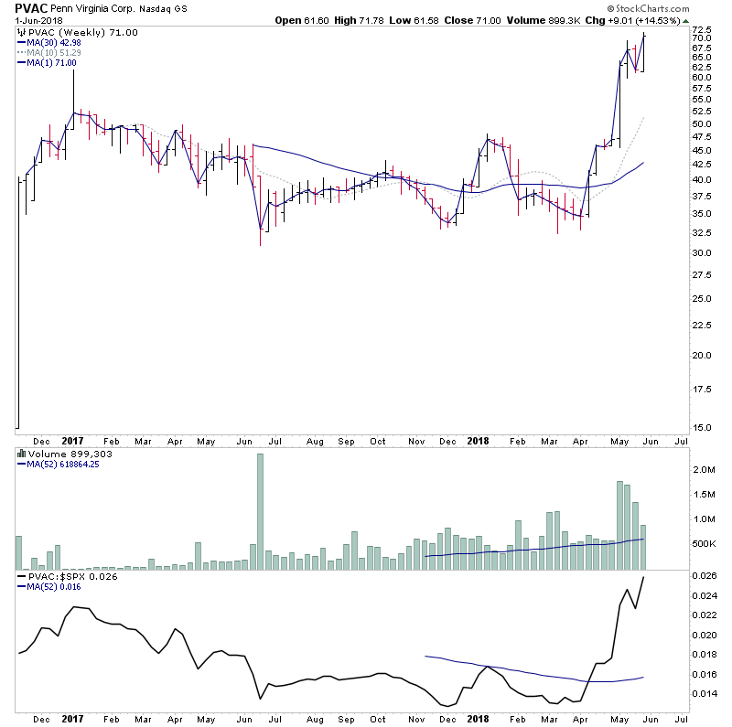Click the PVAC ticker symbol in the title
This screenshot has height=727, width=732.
pos(25,8)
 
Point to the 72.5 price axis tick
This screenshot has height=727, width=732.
pos(702,30)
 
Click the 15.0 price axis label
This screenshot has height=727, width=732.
pos(702,427)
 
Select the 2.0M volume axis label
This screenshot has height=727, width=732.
pos(702,470)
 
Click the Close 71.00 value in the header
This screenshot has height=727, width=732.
pos(502,8)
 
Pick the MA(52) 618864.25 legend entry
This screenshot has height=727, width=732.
pos(65,464)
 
